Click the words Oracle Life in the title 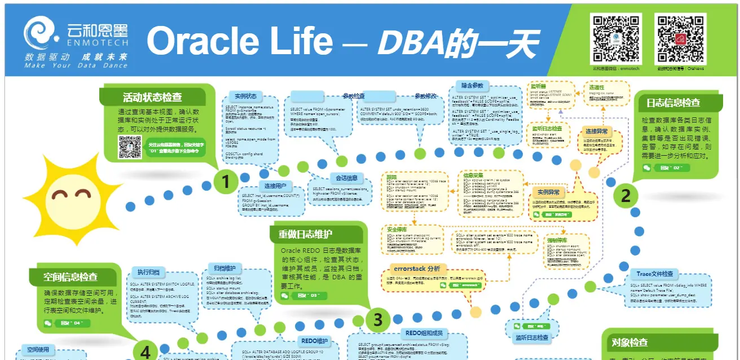(239, 41)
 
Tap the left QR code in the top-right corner (615, 38)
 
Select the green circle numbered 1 (226, 182)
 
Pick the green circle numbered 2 (626, 195)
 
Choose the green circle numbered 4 (145, 352)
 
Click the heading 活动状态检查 (152, 96)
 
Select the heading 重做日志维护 (305, 234)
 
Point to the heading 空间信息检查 (71, 277)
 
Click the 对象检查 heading (629, 343)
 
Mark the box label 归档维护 (225, 267)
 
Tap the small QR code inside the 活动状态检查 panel (129, 147)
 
